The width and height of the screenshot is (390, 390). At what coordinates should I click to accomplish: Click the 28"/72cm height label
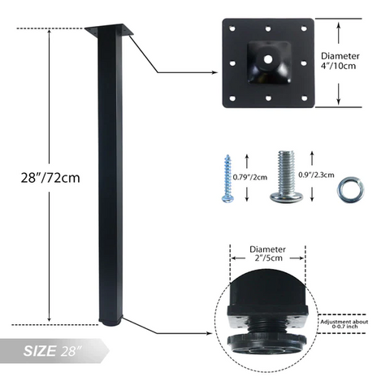(50, 178)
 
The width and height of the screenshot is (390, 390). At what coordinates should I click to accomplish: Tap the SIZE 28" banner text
(52, 351)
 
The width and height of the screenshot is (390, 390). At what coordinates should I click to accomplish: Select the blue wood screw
(227, 179)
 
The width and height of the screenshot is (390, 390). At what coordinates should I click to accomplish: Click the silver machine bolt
(286, 176)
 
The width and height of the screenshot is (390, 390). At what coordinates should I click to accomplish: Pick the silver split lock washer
(350, 189)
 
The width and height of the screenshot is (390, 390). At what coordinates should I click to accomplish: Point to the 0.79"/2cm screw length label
(250, 177)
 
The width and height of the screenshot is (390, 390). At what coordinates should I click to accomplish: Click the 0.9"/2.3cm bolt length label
(316, 175)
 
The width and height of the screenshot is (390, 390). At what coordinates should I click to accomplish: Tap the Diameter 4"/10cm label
(340, 61)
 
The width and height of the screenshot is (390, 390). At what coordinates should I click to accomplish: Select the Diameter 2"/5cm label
(268, 253)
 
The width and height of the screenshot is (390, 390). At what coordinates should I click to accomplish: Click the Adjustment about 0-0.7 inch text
(344, 324)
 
